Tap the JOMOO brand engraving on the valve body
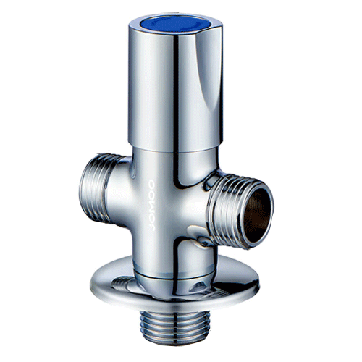[151, 205]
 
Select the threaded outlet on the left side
[96, 188]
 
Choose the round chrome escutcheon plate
[174, 285]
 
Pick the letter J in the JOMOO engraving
[151, 227]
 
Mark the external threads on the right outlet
[224, 209]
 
